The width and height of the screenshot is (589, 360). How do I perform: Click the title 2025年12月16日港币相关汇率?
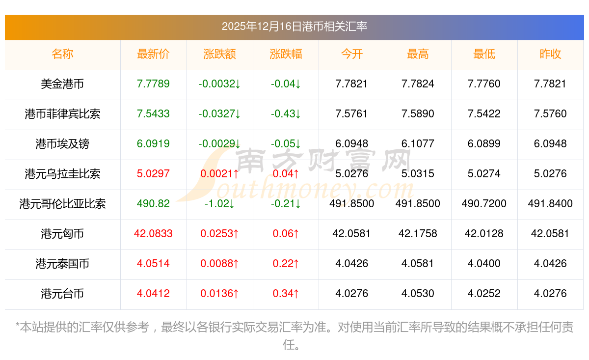294,27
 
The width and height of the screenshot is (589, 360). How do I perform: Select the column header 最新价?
153,54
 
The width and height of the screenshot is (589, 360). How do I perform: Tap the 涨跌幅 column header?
286,54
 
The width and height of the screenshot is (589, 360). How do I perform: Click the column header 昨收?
550,54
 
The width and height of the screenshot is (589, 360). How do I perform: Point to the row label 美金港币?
62,84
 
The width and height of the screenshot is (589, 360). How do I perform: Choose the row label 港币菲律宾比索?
62,114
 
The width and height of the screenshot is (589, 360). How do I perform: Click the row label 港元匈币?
62,234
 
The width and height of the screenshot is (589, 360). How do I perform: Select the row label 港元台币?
62,294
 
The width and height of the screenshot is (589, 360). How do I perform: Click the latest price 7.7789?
153,84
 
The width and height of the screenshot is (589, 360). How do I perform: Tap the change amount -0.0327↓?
219,114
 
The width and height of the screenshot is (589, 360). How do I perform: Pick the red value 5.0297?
153,174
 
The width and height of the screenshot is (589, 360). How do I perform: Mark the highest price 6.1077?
418,144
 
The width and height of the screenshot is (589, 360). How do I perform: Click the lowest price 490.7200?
484,204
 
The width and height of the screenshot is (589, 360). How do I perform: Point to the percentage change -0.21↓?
286,204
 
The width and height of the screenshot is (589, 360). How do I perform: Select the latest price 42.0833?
153,234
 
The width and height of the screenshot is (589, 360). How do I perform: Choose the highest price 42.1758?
418,234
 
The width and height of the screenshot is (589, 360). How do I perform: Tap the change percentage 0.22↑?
286,264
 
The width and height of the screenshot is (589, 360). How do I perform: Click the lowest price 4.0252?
484,294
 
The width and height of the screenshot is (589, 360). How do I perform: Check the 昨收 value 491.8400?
550,204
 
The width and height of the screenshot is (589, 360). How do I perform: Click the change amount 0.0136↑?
219,294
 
